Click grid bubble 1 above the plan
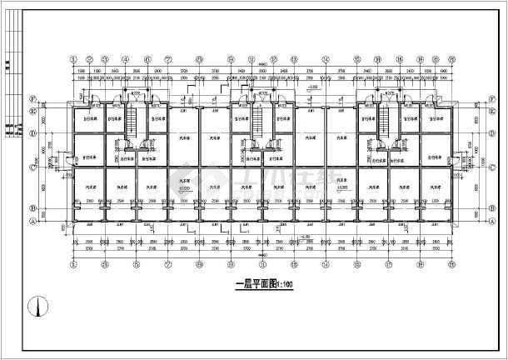(x=73, y=60)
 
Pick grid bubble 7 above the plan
(x=167, y=60)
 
